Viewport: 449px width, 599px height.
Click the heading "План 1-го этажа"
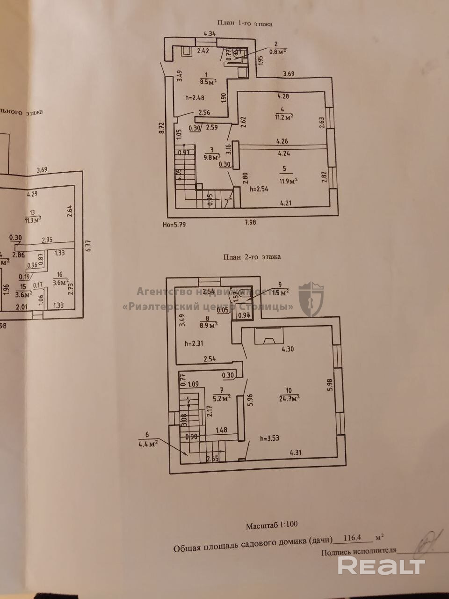click(245, 23)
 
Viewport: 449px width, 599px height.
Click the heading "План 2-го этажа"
click(252, 256)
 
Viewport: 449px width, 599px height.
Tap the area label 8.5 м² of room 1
click(208, 80)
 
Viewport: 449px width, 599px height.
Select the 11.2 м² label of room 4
click(284, 117)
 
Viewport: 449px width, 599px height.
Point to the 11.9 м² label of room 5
click(289, 181)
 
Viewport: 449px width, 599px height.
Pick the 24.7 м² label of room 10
click(289, 398)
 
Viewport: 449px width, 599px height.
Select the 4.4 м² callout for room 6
click(148, 442)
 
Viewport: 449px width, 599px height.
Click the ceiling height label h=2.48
click(195, 98)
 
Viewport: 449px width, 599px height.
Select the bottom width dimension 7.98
click(250, 222)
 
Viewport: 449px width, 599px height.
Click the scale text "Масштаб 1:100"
click(272, 526)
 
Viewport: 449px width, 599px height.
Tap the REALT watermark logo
click(382, 566)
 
